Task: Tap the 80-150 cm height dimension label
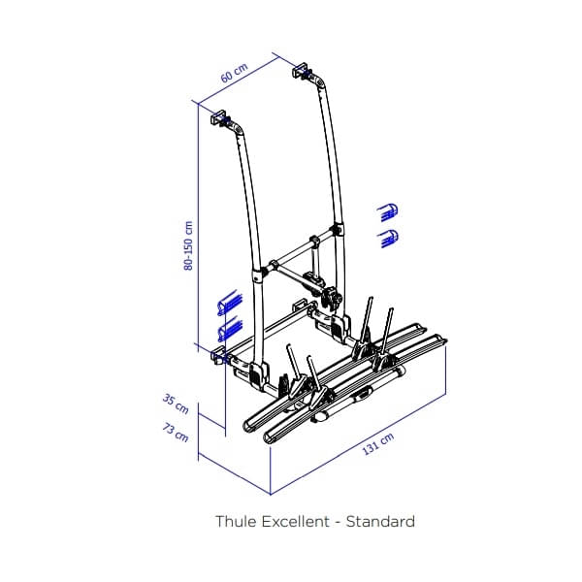(190, 244)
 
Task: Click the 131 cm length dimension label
(378, 449)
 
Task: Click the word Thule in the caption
(235, 522)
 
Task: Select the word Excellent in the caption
(294, 522)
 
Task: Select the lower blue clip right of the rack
(390, 236)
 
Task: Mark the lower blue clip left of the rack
(229, 330)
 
